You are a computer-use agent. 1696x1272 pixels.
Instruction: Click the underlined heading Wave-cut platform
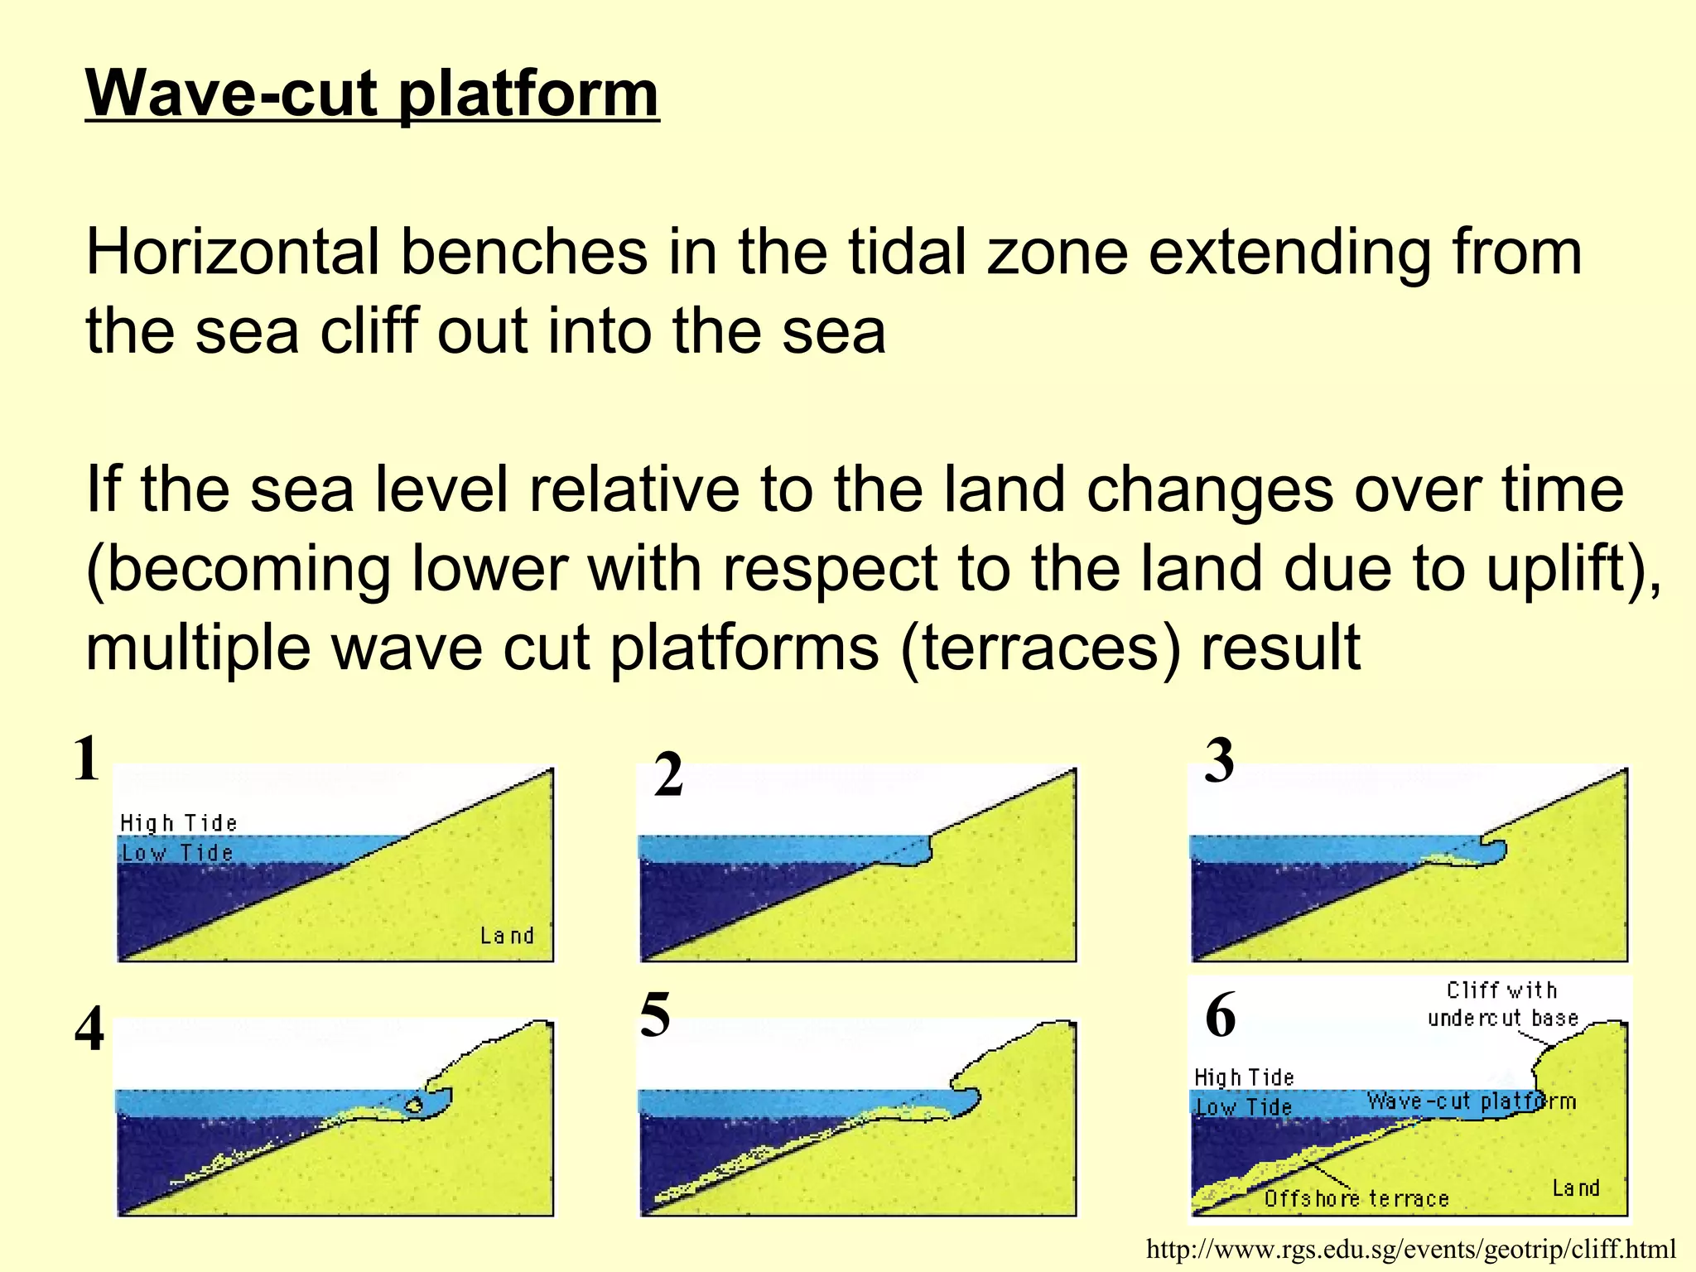(x=372, y=94)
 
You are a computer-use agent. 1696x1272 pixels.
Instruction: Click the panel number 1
(x=86, y=759)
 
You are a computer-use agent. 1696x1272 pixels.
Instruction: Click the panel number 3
(x=1218, y=761)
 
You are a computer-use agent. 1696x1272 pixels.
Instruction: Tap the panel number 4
(x=89, y=1031)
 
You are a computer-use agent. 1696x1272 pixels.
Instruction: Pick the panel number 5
(x=654, y=1015)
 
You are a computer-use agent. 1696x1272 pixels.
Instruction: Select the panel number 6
(x=1220, y=1015)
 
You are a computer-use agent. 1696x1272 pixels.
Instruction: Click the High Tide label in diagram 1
(x=178, y=823)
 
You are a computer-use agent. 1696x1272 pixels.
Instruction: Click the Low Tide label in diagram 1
(x=177, y=853)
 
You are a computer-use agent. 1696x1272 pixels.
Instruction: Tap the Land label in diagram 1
(x=507, y=936)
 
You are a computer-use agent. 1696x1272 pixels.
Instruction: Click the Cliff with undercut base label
(x=1502, y=1004)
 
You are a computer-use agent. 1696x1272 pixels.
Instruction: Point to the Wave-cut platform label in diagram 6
(x=1471, y=1101)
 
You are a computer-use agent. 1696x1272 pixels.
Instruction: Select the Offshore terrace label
(x=1356, y=1198)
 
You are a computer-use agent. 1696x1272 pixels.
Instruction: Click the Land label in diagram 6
(x=1575, y=1188)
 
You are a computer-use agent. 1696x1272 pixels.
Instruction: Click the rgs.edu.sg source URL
(x=1411, y=1249)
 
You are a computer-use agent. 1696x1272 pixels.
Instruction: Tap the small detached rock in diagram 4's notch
(x=413, y=1106)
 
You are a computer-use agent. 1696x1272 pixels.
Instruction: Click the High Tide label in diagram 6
(x=1243, y=1077)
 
